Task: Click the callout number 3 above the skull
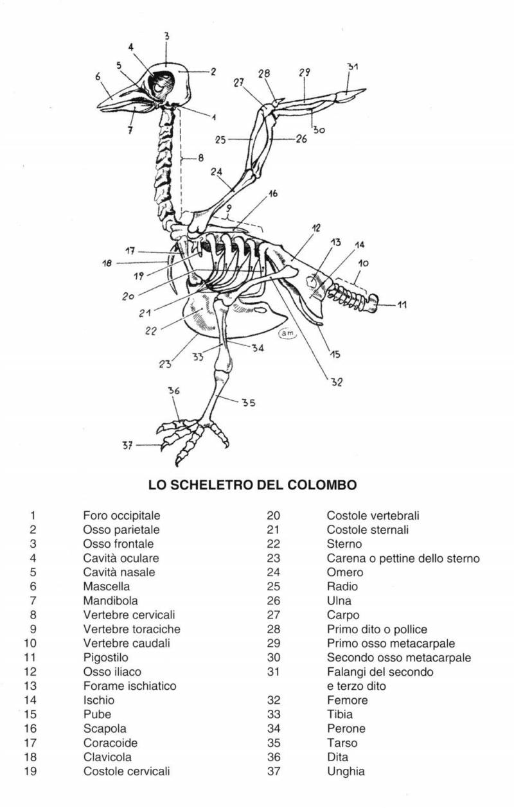point(166,37)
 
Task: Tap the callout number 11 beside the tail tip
point(402,305)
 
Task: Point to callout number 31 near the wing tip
point(353,67)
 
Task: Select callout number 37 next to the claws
point(127,445)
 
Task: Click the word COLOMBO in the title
point(324,484)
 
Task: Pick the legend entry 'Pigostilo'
point(105,657)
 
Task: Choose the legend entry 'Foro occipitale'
point(121,515)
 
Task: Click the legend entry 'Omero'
point(344,572)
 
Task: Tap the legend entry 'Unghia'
point(346,771)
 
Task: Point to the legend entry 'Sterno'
point(344,543)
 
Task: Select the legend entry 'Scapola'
point(105,728)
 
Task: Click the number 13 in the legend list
point(30,685)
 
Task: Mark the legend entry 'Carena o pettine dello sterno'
point(403,558)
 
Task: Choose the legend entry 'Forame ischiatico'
point(129,685)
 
